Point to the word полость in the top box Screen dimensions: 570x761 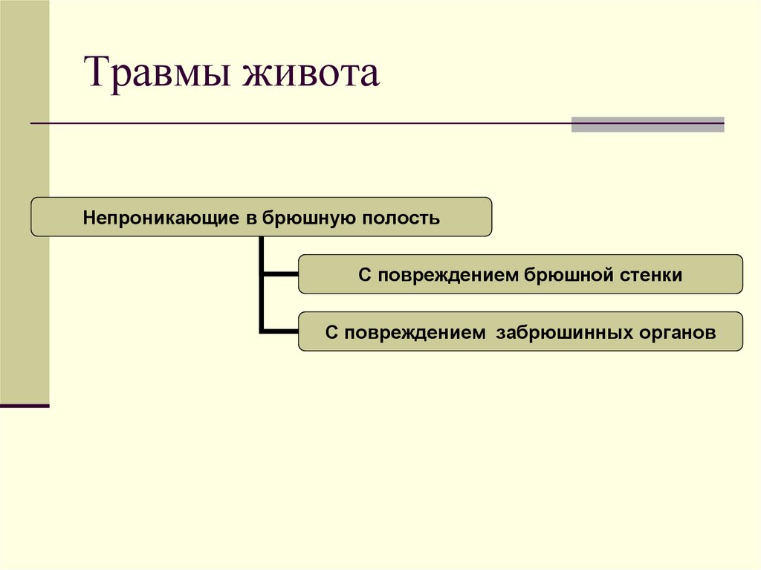coord(401,218)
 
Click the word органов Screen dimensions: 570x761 coord(676,332)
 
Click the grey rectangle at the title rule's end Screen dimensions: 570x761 coord(647,124)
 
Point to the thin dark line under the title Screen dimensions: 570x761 coord(297,123)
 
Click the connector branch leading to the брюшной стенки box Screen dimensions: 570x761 coord(280,273)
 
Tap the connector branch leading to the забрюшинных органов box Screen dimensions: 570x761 coord(280,331)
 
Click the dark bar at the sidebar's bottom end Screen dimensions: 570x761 coord(25,406)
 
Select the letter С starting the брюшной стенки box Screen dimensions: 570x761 coord(364,275)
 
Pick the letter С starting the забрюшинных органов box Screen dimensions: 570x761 coord(331,332)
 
